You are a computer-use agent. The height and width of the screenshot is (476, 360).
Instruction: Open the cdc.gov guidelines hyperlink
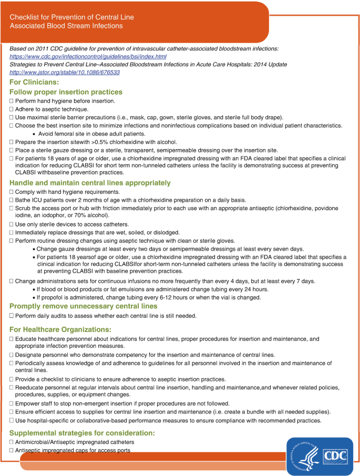click(88, 56)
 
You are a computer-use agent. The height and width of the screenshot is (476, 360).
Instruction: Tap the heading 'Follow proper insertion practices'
click(66, 92)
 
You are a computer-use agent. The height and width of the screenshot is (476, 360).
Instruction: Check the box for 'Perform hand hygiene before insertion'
click(11, 101)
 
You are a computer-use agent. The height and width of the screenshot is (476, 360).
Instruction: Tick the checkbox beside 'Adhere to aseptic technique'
click(11, 109)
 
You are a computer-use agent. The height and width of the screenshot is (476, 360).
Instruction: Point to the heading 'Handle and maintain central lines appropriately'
click(90, 183)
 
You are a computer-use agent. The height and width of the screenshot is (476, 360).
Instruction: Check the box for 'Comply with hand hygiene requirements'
click(11, 192)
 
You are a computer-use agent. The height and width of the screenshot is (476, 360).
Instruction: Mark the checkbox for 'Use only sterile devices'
click(11, 224)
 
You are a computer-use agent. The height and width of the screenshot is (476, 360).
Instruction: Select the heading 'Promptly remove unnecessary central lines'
click(83, 306)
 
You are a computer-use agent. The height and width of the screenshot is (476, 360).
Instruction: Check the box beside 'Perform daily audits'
click(11, 316)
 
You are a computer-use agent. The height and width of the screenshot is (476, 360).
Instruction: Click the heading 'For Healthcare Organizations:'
click(60, 329)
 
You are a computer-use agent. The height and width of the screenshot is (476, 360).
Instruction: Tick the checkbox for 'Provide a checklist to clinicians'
click(11, 379)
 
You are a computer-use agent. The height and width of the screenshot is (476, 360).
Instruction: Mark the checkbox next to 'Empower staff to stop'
click(11, 403)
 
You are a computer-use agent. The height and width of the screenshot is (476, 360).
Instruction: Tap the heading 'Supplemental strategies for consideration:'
click(82, 433)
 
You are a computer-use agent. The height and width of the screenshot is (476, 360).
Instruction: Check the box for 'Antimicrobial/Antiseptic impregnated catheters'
click(11, 442)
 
